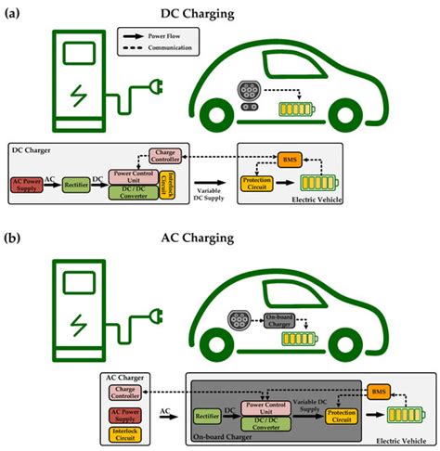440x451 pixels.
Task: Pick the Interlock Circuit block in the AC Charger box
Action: tap(128, 432)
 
